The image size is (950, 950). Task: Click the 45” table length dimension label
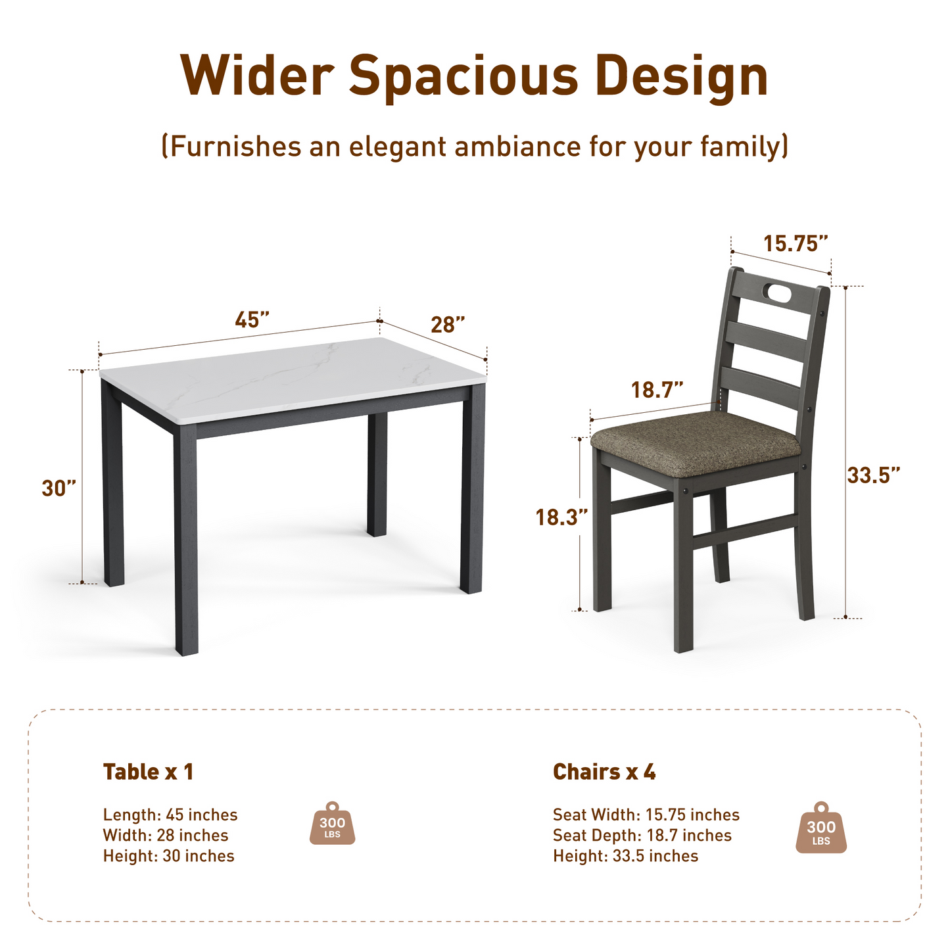coord(252,320)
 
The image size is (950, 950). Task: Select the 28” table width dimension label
coord(448,325)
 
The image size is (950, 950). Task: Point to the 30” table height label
coord(59,488)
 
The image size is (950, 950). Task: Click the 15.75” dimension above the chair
coord(795,244)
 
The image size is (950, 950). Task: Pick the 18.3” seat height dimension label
coord(561,517)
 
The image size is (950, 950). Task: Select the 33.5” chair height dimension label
coord(873,475)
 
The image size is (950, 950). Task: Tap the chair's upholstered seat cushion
coord(696,442)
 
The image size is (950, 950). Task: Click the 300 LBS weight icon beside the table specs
coord(332,823)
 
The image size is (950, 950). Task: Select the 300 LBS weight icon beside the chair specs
coord(821,828)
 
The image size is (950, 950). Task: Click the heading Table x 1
coord(148,772)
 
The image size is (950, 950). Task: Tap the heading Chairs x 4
coord(604,772)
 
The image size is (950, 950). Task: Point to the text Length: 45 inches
coord(170,815)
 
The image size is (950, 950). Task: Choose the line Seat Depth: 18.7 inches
coord(642,836)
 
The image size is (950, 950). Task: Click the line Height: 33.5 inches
coord(625,856)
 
